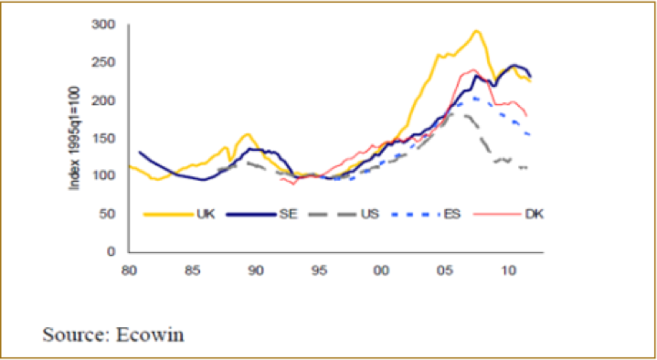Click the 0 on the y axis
[111, 252]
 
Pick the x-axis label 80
[130, 270]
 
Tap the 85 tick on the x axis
[192, 270]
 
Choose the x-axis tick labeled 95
[319, 270]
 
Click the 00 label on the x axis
[382, 270]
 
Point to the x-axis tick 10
[508, 270]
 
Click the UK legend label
[206, 214]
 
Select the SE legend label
[287, 214]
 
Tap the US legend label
[370, 214]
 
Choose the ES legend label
[452, 214]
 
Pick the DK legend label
[535, 214]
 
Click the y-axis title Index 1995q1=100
[75, 139]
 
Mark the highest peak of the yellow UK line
[476, 30]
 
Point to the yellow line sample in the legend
[167, 214]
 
